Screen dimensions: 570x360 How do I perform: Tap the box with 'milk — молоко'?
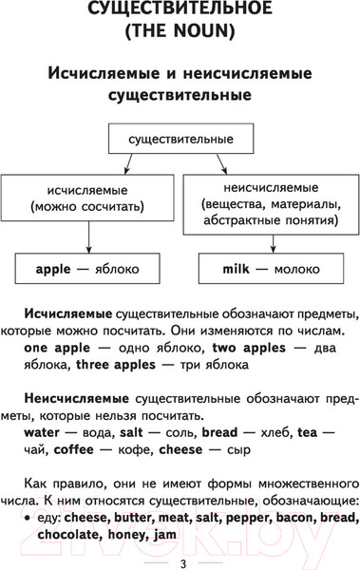coord(271,270)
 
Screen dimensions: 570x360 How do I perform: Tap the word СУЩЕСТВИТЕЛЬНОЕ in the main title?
coord(180,13)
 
